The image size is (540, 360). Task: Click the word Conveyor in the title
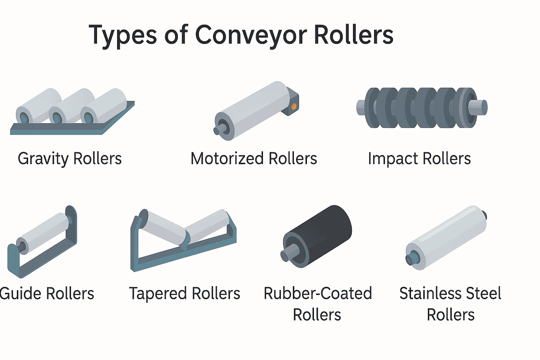point(250,35)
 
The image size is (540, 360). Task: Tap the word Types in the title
point(123,35)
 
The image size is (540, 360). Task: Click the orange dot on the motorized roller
point(294,106)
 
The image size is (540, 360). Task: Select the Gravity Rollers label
point(70,159)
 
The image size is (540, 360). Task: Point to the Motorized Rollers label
point(253,159)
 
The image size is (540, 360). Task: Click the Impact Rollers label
point(419,159)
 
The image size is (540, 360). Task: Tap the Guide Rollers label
point(47,294)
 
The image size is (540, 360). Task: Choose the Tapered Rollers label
point(185,294)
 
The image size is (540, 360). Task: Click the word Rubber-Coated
point(318,294)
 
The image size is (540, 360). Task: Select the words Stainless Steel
point(450,294)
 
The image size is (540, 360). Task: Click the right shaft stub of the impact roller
point(480,107)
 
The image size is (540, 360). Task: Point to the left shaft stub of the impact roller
point(361,107)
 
